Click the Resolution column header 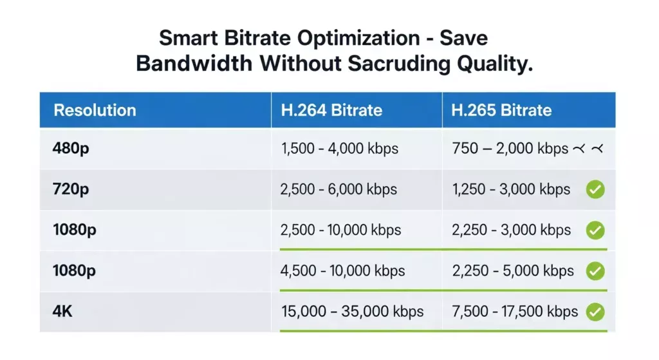pos(95,110)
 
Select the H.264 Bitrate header pos(331,110)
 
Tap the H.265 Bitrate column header pos(501,110)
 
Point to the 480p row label pos(71,149)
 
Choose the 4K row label pos(63,312)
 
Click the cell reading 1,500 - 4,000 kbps pos(340,149)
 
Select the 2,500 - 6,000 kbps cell pos(339,189)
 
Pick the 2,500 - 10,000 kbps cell pos(341,230)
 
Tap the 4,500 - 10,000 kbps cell pos(343,270)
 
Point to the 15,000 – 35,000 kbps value pos(353,312)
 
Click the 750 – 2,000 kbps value pos(510,149)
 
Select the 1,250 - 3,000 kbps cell pos(511,189)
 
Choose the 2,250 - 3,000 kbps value pos(512,230)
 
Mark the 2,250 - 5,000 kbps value pos(513,270)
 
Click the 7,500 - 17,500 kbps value pos(515,312)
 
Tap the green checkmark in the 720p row pos(595,189)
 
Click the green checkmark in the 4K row pos(595,312)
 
